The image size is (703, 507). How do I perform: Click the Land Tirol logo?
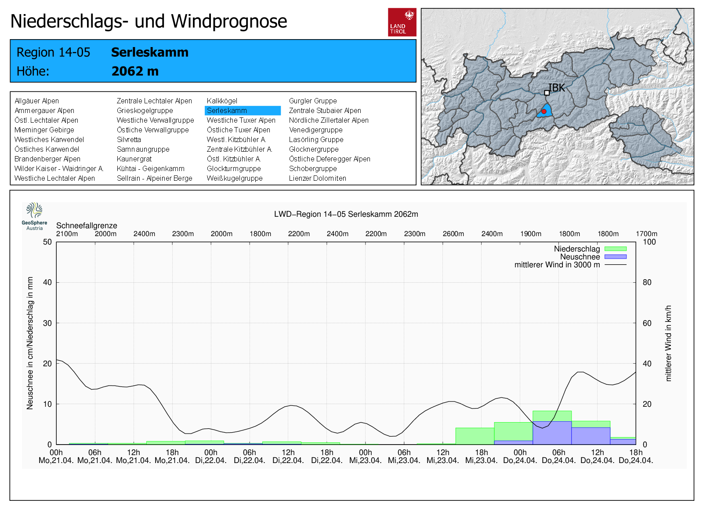402,22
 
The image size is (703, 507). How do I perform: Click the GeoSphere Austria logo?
34,216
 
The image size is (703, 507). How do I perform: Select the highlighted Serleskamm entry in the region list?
243,110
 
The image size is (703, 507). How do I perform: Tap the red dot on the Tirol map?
544,112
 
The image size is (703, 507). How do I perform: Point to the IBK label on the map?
556,88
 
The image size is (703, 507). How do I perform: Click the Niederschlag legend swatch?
616,249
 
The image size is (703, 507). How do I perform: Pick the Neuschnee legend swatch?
616,257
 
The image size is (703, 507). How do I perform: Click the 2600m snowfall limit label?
453,233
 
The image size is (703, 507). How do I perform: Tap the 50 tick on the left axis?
47,242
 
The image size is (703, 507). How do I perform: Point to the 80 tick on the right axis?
647,282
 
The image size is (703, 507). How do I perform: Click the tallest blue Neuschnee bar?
552,433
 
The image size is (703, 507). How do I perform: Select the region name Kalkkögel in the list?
222,101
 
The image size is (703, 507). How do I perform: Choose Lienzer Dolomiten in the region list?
318,178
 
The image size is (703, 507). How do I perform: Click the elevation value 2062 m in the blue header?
135,71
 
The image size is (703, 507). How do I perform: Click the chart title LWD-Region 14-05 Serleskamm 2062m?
346,214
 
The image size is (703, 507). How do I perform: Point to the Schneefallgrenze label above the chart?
87,226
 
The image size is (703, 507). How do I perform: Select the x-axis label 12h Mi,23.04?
442,456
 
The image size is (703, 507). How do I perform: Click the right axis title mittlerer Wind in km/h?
668,343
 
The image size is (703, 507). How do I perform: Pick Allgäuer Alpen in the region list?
37,101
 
